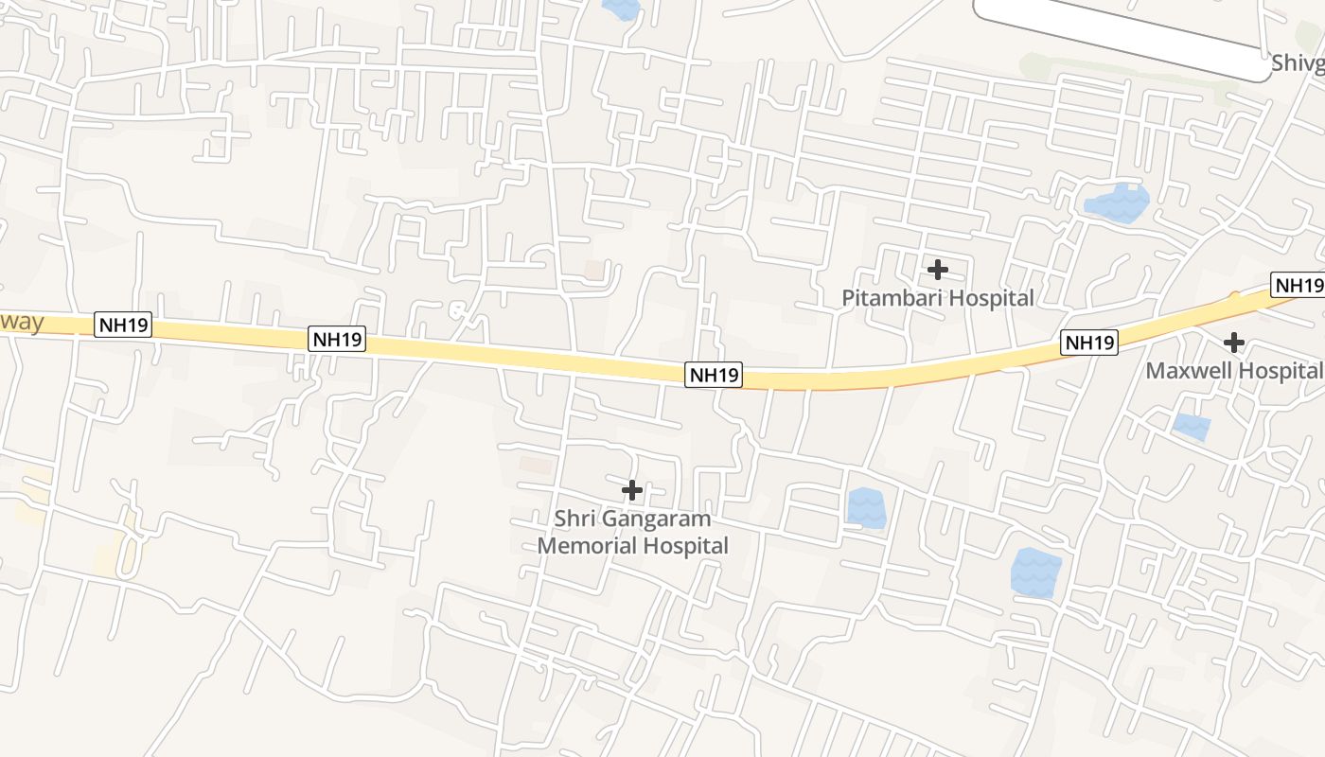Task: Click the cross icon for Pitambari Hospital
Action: tap(938, 270)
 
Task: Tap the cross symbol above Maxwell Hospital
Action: tap(1234, 342)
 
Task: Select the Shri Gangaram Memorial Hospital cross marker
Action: tap(632, 490)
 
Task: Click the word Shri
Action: tap(574, 519)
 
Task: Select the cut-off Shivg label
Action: tap(1297, 63)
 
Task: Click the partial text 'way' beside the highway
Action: tap(22, 322)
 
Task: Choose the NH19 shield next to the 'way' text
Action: tap(124, 326)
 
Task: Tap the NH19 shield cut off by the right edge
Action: tap(1298, 285)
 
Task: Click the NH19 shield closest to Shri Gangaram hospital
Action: tap(714, 375)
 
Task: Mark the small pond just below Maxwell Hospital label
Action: tap(1192, 427)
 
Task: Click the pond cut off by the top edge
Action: tap(621, 9)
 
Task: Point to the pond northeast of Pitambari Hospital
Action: tap(1117, 202)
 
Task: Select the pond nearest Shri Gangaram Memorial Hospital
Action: tap(866, 507)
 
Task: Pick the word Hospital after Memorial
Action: tap(681, 546)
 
